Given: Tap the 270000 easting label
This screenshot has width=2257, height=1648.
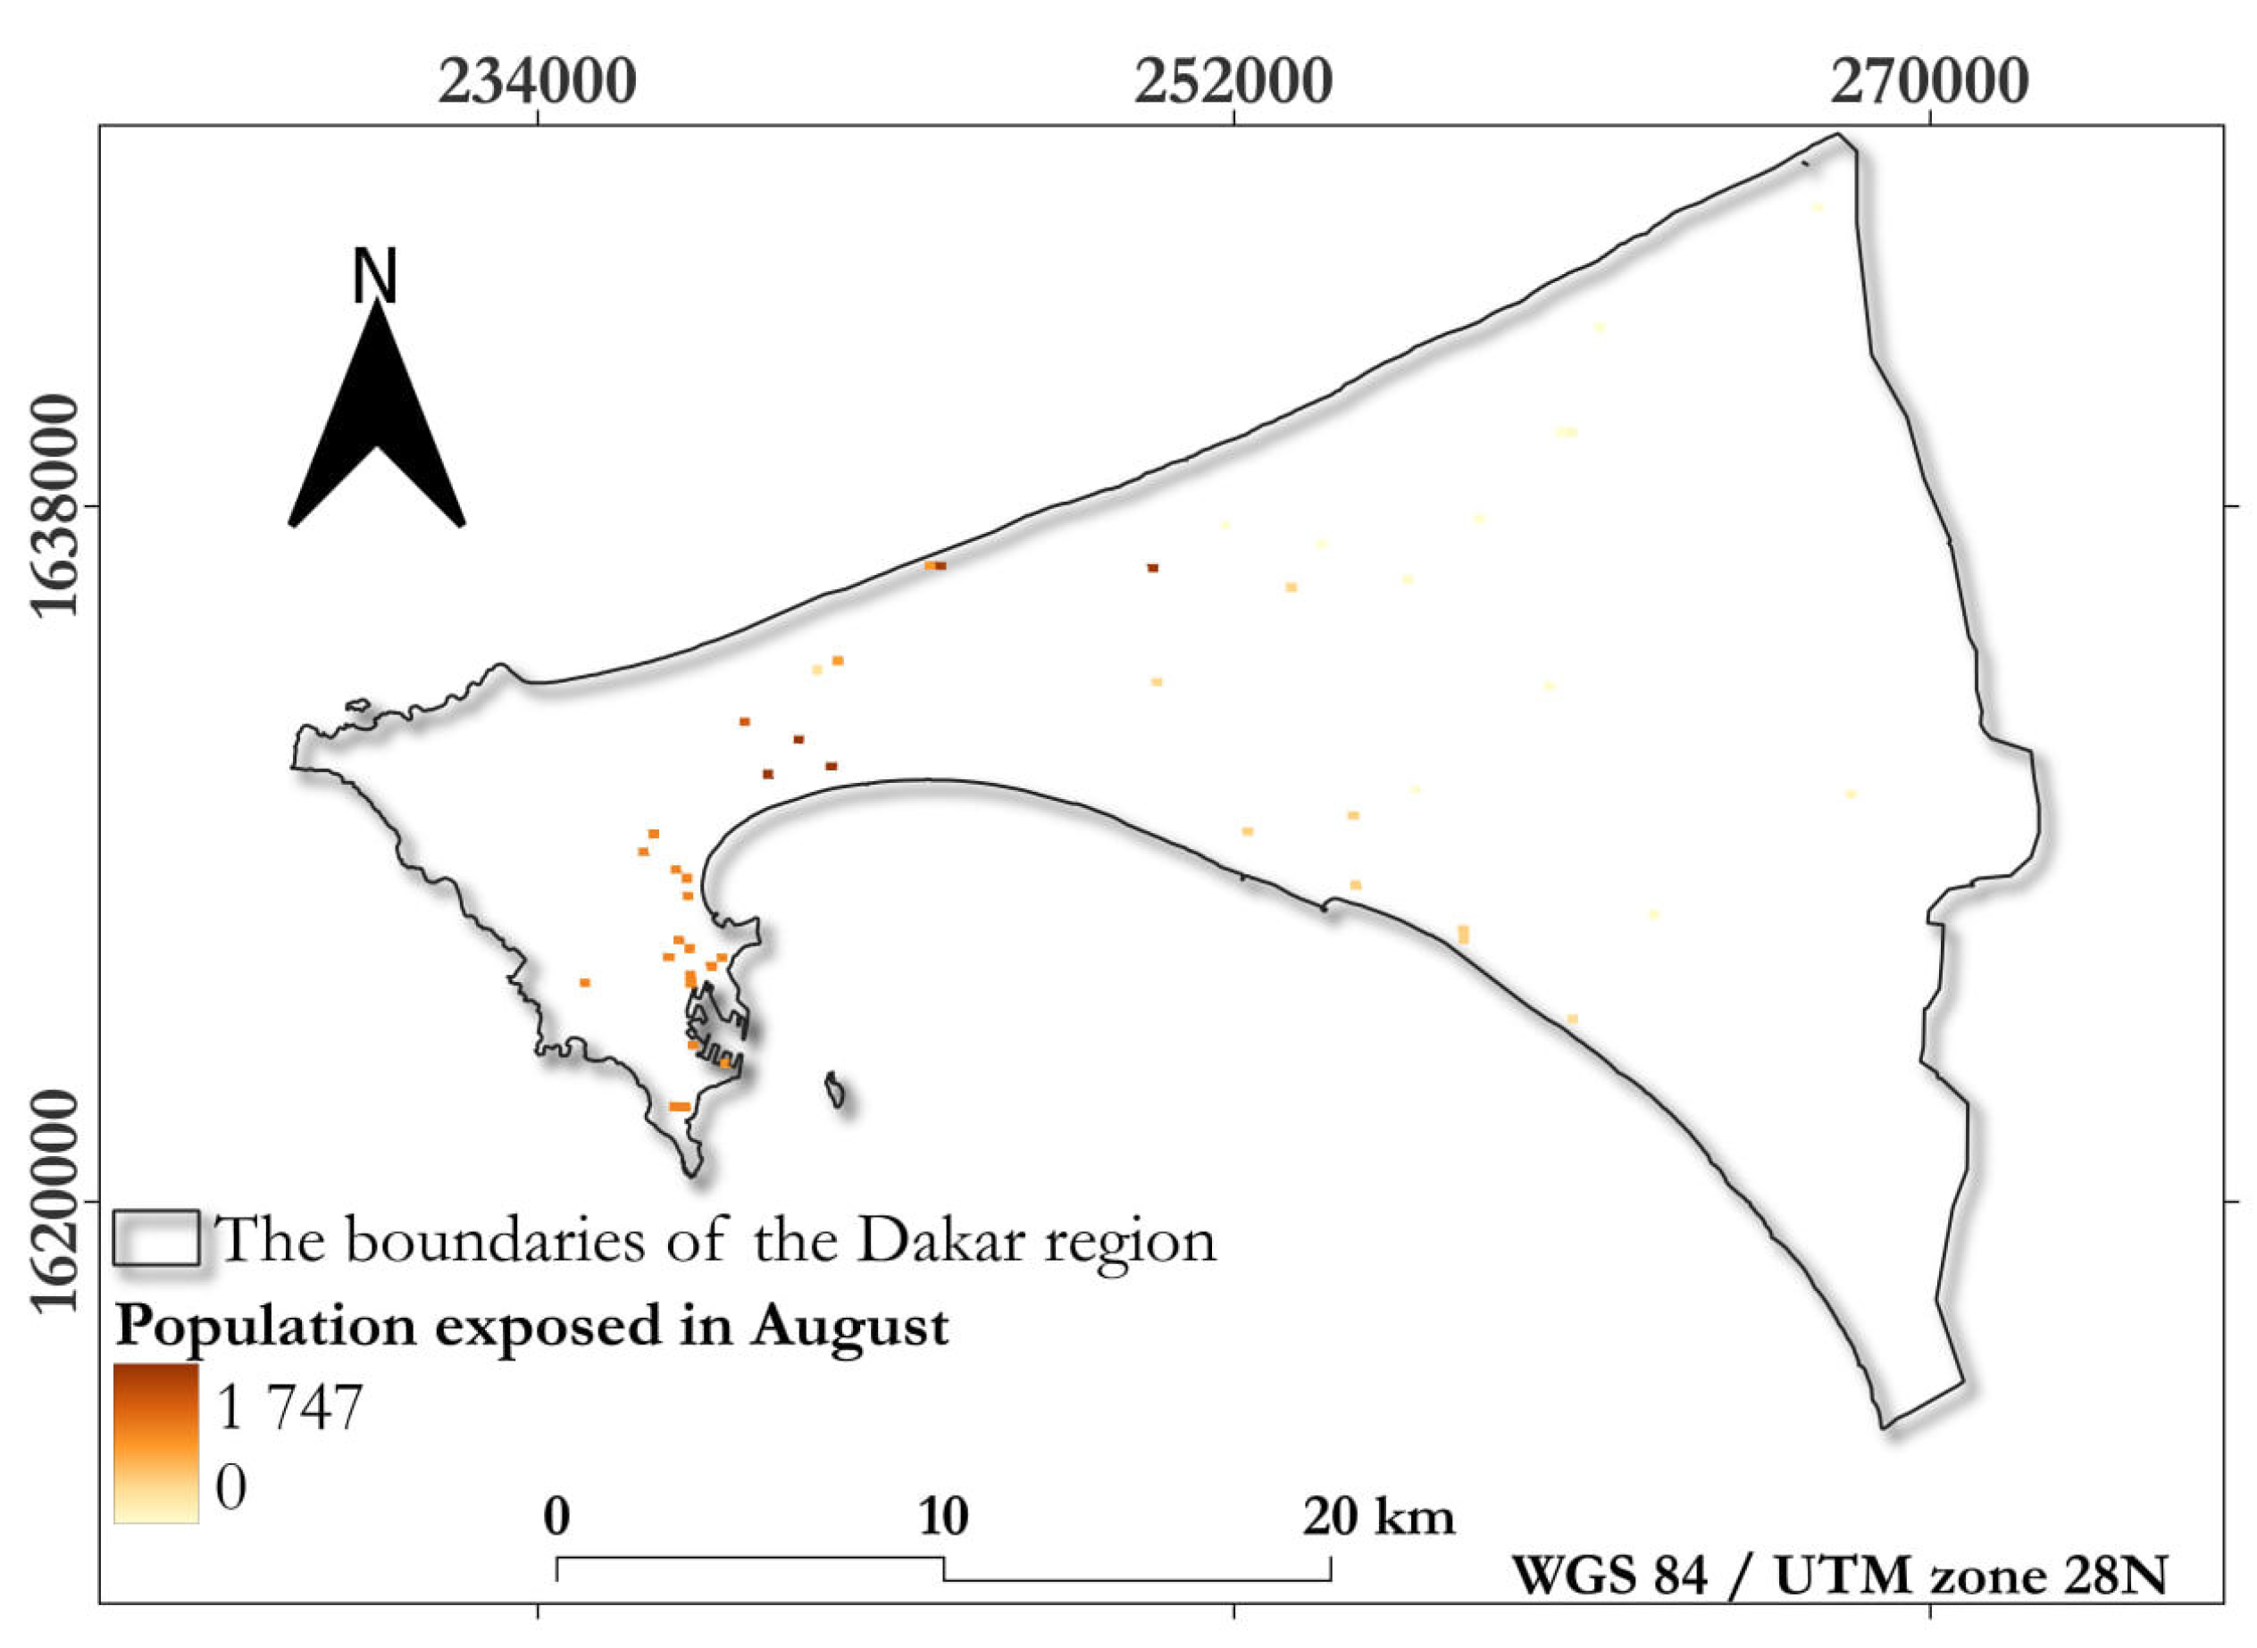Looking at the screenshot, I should pyautogui.click(x=1927, y=82).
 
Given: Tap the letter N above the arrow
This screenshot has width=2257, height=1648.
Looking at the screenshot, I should pyautogui.click(x=375, y=277).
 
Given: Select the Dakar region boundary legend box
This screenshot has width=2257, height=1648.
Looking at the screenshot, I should pyautogui.click(x=155, y=1238).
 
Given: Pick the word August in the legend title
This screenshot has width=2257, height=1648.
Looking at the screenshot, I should pyautogui.click(x=850, y=1327).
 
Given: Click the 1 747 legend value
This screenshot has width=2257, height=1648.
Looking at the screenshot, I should pyautogui.click(x=288, y=1408).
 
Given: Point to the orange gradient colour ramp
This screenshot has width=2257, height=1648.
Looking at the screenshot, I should pyautogui.click(x=155, y=1443).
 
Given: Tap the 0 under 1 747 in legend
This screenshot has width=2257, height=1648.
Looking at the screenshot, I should pyautogui.click(x=230, y=1486).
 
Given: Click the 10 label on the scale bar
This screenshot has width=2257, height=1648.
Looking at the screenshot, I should pyautogui.click(x=943, y=1518).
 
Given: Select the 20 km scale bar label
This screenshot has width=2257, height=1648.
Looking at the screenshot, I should pyautogui.click(x=1378, y=1518).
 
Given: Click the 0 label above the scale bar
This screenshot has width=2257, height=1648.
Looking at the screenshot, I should pyautogui.click(x=556, y=1518).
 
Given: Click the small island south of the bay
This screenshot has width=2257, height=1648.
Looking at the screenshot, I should pyautogui.click(x=835, y=1089).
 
